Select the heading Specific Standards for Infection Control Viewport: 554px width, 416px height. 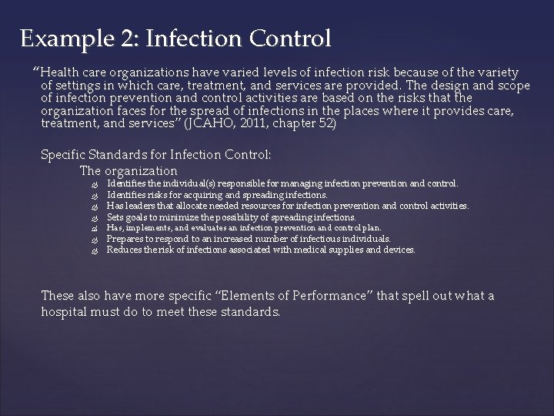tap(155, 155)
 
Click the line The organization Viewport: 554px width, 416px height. tap(128, 170)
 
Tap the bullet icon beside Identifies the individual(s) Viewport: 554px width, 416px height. tap(95, 184)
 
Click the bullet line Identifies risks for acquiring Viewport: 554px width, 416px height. tap(216, 195)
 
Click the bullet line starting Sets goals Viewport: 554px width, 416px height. tap(231, 217)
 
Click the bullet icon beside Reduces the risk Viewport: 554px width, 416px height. tap(95, 250)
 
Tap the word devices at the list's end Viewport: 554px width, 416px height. tap(400, 250)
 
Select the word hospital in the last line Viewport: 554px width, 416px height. tap(66, 312)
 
